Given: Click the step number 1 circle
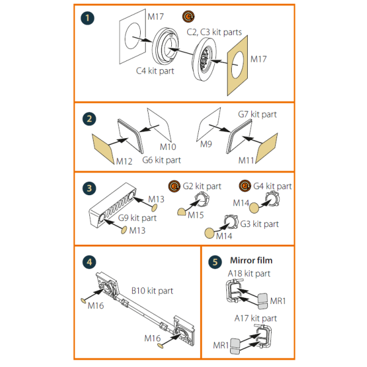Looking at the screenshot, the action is click(x=87, y=18).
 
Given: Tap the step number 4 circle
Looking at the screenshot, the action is click(x=89, y=262).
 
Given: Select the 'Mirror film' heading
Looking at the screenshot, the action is click(x=251, y=261).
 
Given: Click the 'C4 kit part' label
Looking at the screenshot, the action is click(x=155, y=71).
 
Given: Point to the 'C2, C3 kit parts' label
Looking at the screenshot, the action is click(x=214, y=32).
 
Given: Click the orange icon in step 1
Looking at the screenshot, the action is click(x=188, y=17).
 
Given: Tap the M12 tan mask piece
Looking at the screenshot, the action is click(x=103, y=149).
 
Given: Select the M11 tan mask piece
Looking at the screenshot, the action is click(x=267, y=148).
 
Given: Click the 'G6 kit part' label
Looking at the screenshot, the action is click(x=161, y=160).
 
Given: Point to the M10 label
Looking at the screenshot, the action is click(x=168, y=147).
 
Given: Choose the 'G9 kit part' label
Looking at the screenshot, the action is click(x=138, y=218).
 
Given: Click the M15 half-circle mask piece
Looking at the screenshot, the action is click(x=182, y=212).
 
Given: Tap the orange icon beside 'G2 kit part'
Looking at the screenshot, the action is click(x=174, y=186).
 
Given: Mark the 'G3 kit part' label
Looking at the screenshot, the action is click(x=259, y=224).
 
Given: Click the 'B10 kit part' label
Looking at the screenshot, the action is click(x=152, y=291).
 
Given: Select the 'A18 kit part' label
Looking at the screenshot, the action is click(x=249, y=273).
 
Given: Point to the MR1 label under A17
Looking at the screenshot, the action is click(x=221, y=345).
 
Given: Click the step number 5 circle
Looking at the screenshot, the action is click(x=215, y=262).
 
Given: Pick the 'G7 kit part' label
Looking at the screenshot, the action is click(x=258, y=114).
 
